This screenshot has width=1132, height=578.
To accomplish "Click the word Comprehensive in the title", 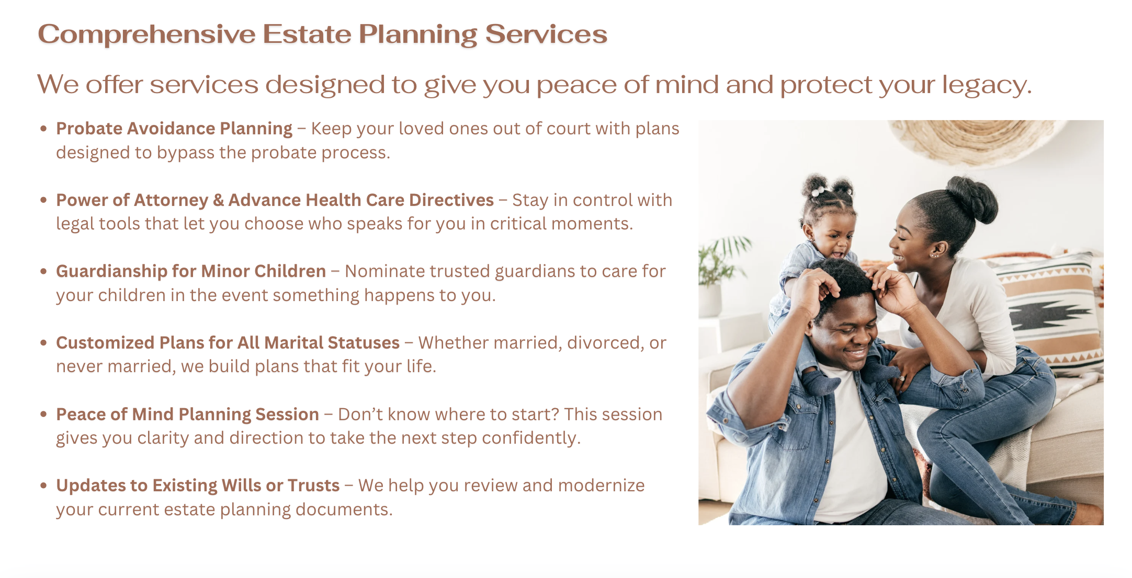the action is pyautogui.click(x=147, y=34).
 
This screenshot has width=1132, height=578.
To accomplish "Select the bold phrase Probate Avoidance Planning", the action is pyautogui.click(x=174, y=129).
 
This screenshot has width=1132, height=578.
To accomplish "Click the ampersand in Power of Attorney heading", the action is pyautogui.click(x=218, y=200).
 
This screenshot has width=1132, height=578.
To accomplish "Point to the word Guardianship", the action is pyautogui.click(x=111, y=272).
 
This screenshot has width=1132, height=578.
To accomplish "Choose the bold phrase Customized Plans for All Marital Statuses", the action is pyautogui.click(x=228, y=343).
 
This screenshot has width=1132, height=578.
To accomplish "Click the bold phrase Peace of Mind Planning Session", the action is pyautogui.click(x=187, y=414).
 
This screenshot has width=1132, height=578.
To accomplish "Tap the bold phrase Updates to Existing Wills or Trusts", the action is pyautogui.click(x=198, y=485).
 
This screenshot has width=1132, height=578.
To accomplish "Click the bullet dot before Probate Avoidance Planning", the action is pyautogui.click(x=44, y=128).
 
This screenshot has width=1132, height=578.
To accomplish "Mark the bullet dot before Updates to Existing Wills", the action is pyautogui.click(x=44, y=485).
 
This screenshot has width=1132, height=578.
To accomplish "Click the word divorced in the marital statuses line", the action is pyautogui.click(x=606, y=343).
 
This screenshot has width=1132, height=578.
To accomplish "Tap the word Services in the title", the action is pyautogui.click(x=546, y=34).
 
